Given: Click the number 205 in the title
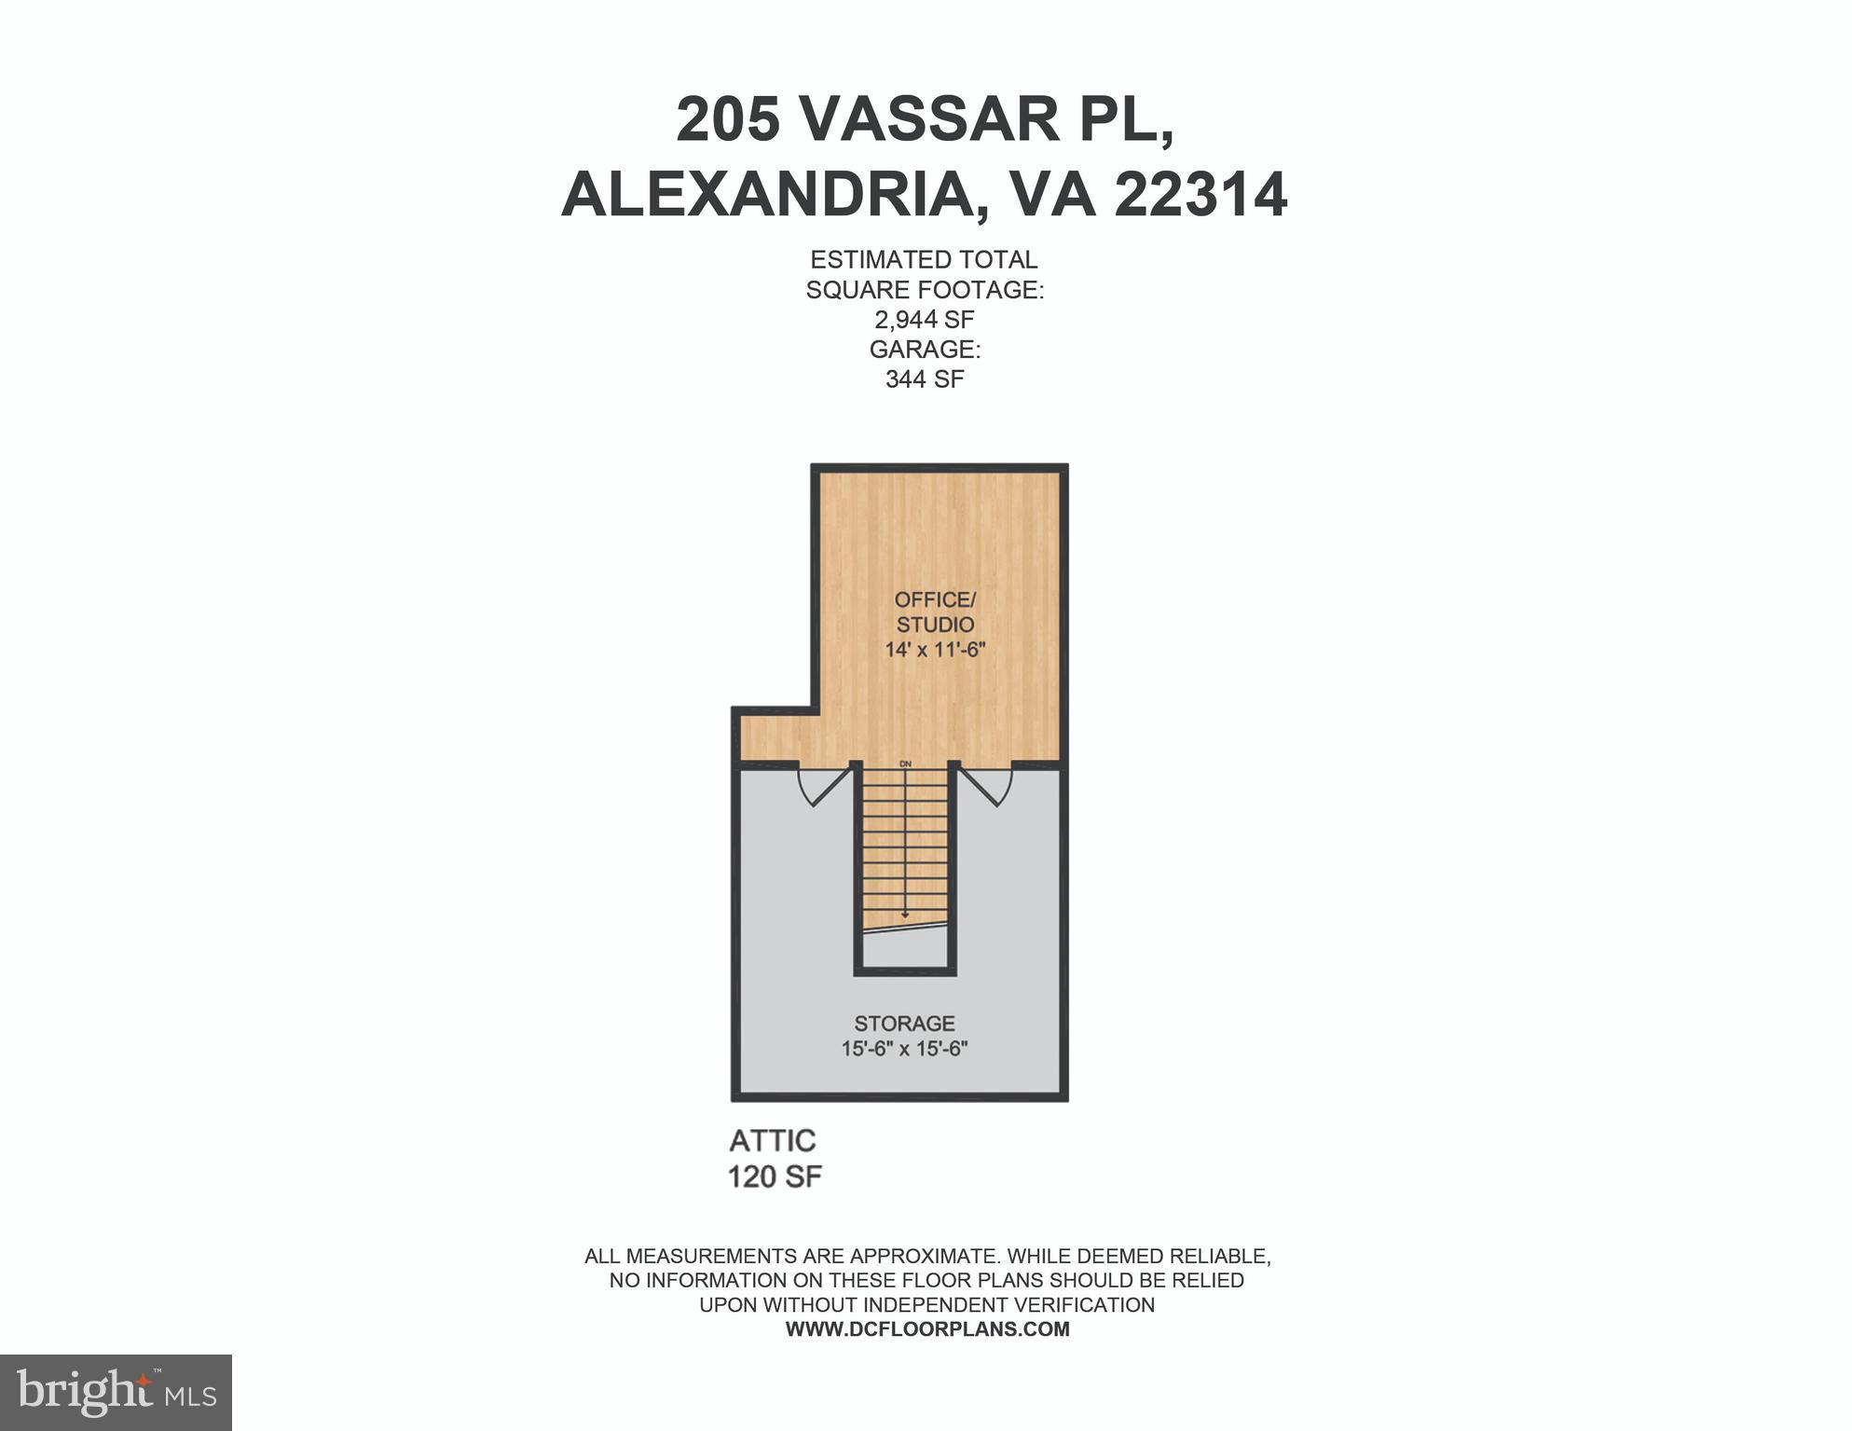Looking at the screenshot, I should pyautogui.click(x=728, y=119).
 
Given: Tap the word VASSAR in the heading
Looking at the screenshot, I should pyautogui.click(x=930, y=119).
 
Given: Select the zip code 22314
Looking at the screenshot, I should pyautogui.click(x=1200, y=195).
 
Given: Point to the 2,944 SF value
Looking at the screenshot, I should pyautogui.click(x=924, y=320).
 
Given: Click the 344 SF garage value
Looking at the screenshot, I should pyautogui.click(x=924, y=379).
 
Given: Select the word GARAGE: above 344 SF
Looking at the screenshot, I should pyautogui.click(x=924, y=350).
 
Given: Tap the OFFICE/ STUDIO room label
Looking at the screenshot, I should pyautogui.click(x=935, y=612).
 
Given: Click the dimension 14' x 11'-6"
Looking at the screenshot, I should pyautogui.click(x=935, y=650).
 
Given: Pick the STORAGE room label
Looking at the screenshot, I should pyautogui.click(x=904, y=1024).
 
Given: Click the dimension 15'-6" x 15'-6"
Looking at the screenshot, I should pyautogui.click(x=904, y=1049).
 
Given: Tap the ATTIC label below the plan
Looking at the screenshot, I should pyautogui.click(x=773, y=1141).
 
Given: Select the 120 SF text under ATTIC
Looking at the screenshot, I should pyautogui.click(x=775, y=1177).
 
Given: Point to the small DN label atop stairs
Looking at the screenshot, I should pyautogui.click(x=905, y=764).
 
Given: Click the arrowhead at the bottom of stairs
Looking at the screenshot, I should pyautogui.click(x=905, y=915).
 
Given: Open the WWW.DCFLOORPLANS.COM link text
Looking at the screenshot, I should pyautogui.click(x=927, y=1329).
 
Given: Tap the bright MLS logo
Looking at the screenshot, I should pyautogui.click(x=116, y=1392).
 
